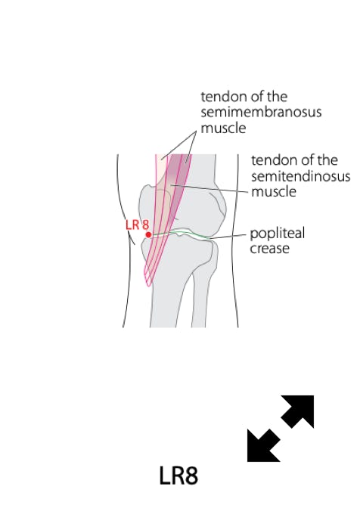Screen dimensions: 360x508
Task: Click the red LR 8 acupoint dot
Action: pyautogui.click(x=148, y=234)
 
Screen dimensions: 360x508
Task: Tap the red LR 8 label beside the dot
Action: pyautogui.click(x=138, y=225)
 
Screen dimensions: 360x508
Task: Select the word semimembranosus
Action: pyautogui.click(x=261, y=112)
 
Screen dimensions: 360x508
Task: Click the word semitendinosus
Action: pyautogui.click(x=301, y=176)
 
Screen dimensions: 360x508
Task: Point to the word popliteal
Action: pyautogui.click(x=278, y=234)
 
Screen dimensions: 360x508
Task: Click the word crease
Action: pyautogui.click(x=269, y=249)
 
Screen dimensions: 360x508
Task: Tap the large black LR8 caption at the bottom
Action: pyautogui.click(x=178, y=475)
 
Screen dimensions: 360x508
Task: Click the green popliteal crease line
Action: pyautogui.click(x=179, y=233)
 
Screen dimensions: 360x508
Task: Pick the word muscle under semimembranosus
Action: pyautogui.click(x=223, y=128)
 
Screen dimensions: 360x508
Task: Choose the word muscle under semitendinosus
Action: pyautogui.click(x=274, y=192)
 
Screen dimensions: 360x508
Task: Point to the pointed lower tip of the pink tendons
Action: pyautogui.click(x=148, y=286)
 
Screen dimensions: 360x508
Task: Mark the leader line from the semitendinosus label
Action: pyautogui.click(x=210, y=188)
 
